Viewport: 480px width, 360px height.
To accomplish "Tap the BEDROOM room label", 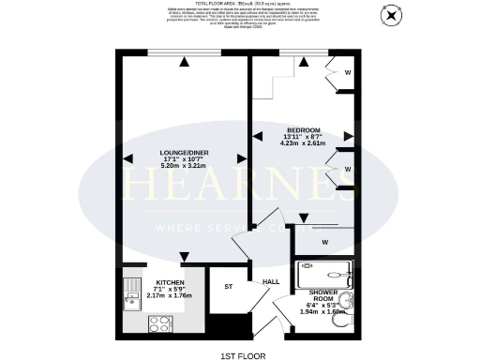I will (304, 129).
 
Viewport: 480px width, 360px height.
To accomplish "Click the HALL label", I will (271, 281).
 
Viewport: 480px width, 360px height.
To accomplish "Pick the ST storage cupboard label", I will (228, 288).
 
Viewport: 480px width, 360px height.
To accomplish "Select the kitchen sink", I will (127, 299).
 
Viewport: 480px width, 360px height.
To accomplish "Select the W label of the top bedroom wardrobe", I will (347, 71).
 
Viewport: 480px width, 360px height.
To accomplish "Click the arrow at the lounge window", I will (186, 62).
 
